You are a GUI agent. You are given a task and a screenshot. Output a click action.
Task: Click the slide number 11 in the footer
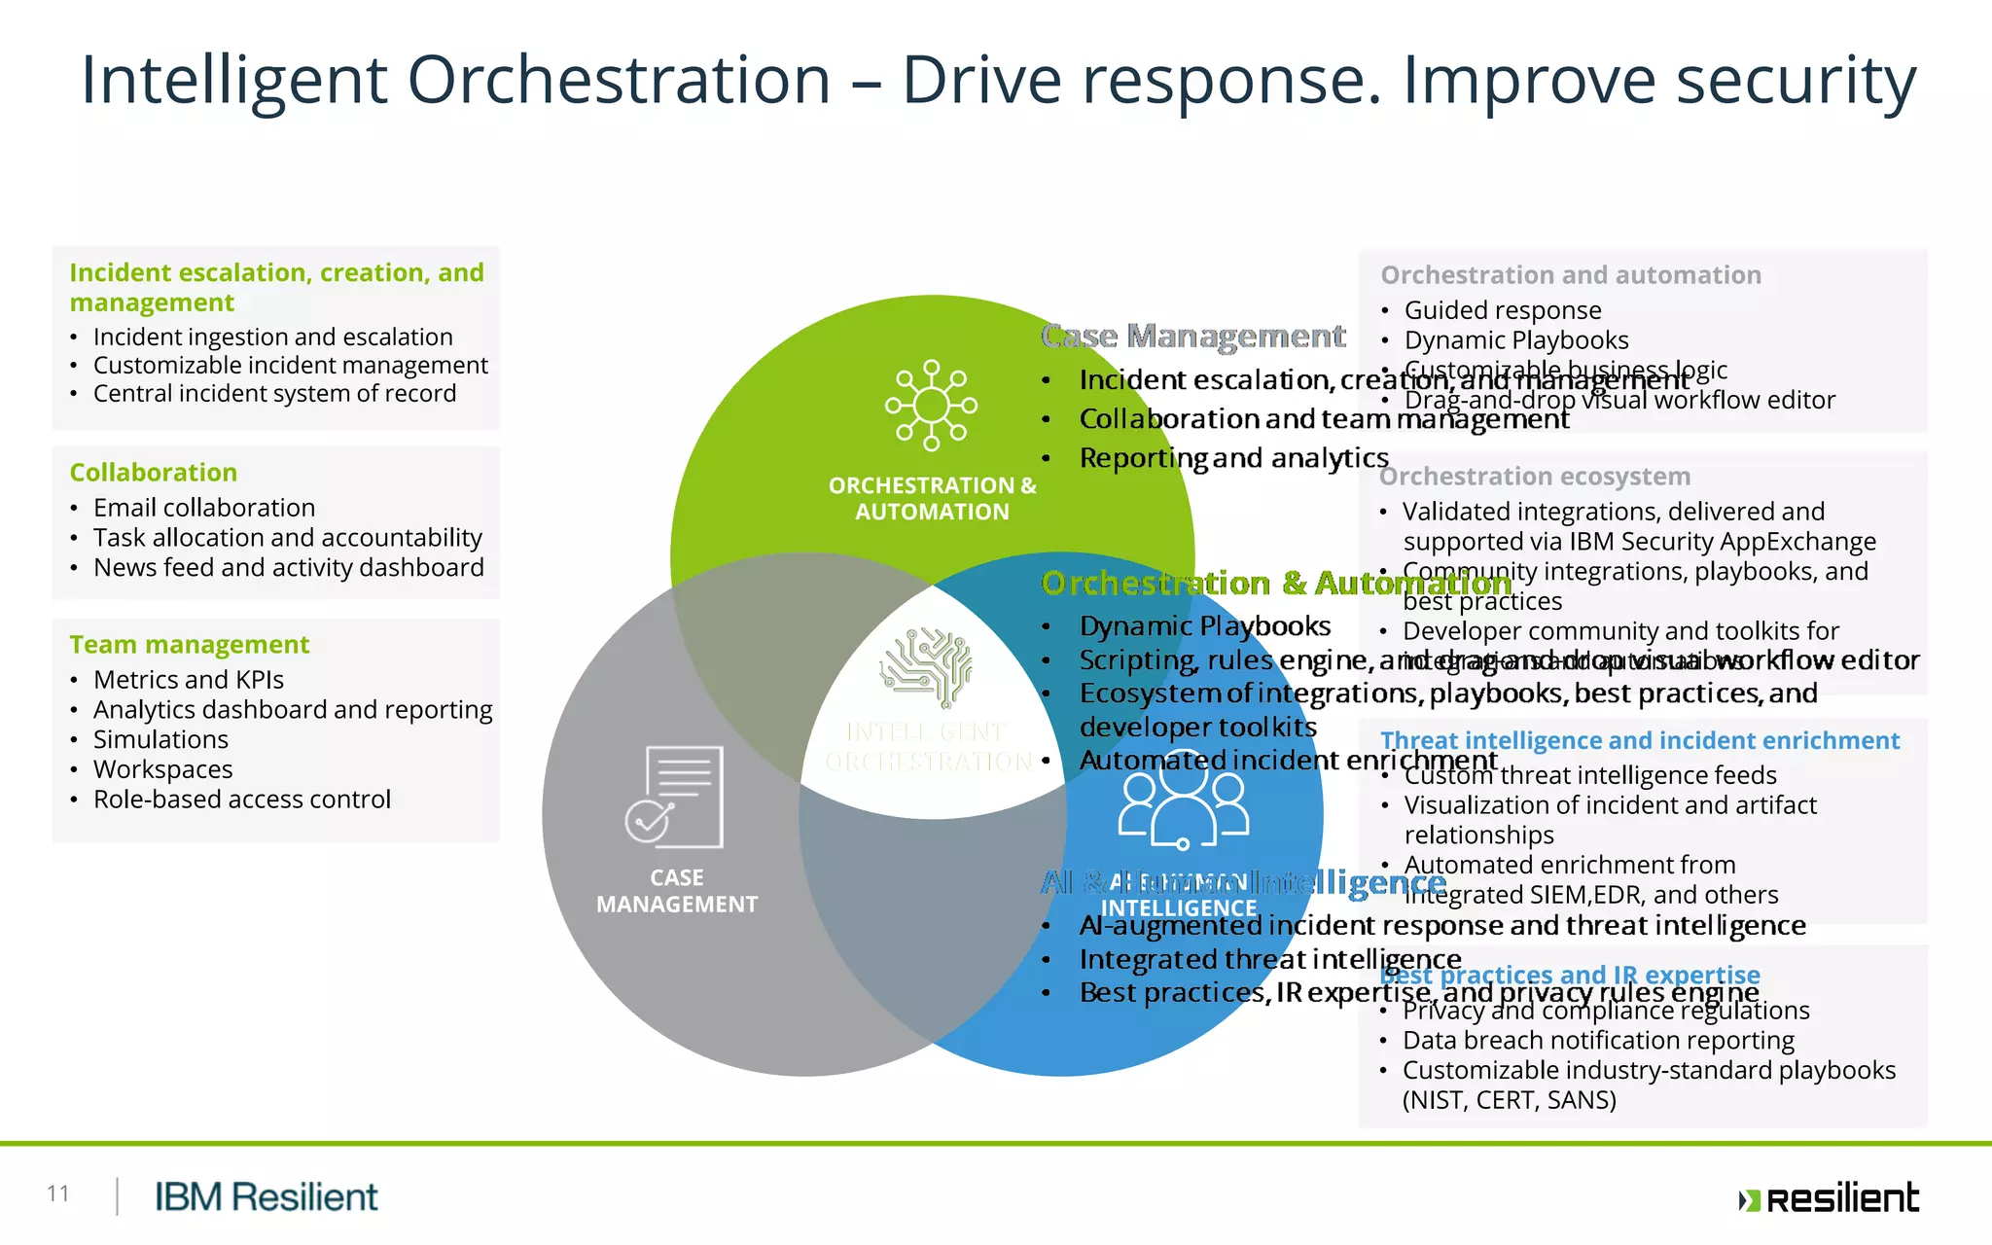pos(57,1193)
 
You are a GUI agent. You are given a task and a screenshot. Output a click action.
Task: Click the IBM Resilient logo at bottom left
pos(266,1196)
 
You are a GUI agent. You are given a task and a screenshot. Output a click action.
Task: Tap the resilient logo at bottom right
pos(1829,1198)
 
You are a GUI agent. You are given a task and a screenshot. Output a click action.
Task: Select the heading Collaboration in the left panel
pos(154,473)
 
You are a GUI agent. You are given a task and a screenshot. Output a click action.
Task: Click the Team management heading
pos(190,645)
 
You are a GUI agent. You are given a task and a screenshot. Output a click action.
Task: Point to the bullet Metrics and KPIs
pos(189,680)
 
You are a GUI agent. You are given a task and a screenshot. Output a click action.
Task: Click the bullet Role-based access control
pos(242,800)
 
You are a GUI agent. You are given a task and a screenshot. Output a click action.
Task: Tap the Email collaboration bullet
pos(204,508)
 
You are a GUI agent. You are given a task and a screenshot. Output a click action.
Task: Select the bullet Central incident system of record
pos(274,394)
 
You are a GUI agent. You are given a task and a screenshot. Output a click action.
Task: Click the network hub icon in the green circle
pos(931,406)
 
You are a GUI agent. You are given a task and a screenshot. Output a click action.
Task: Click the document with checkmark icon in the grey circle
pos(674,797)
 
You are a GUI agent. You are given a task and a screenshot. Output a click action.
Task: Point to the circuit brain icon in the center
pos(926,666)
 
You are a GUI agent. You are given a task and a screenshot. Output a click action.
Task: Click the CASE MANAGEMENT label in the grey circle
pos(677,891)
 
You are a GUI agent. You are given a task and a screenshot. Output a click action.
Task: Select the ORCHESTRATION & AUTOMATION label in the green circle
pos(932,498)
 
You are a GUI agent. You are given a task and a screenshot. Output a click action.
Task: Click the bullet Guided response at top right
pos(1502,310)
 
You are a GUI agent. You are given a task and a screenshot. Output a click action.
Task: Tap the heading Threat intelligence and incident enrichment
pos(1639,741)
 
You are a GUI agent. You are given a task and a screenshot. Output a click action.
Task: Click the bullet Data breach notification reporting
pos(1598,1041)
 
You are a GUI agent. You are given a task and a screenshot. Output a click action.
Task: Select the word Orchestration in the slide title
pos(619,80)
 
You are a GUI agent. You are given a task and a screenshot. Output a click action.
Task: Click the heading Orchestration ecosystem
pos(1535,477)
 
